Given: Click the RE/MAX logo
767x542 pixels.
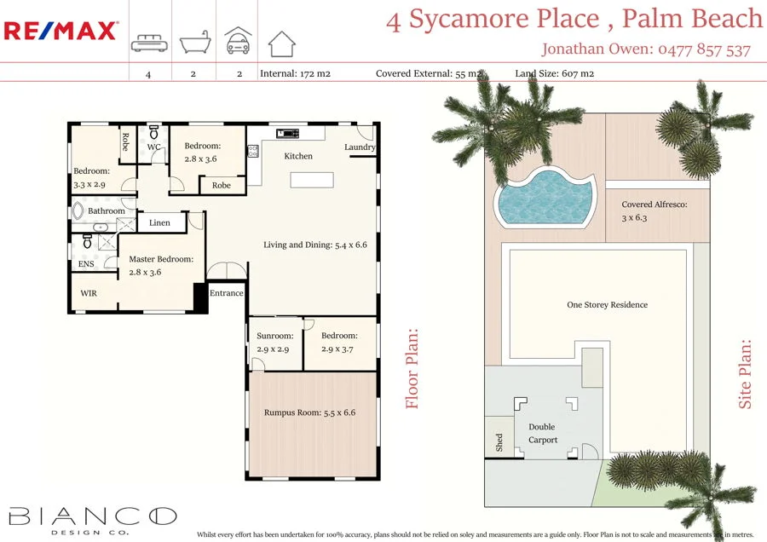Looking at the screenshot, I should (61, 32).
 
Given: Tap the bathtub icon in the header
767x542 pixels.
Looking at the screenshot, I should (193, 43).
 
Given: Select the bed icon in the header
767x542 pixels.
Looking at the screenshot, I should (148, 43).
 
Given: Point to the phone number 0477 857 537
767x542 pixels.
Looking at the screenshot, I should (704, 49).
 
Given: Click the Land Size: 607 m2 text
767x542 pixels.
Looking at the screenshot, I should (555, 73).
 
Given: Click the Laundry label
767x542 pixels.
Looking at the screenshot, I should (360, 147).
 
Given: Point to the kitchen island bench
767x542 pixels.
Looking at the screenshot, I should (311, 181).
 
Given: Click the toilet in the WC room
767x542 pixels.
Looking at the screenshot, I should (154, 133).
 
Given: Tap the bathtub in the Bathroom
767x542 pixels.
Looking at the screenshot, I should (77, 210).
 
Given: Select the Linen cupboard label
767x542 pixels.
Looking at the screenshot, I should (159, 223).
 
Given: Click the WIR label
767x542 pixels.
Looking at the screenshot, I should (89, 293).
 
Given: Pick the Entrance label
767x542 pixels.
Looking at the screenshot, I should (227, 293).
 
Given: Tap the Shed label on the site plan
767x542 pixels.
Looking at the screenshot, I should (499, 441).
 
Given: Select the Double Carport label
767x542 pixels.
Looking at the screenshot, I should (542, 433).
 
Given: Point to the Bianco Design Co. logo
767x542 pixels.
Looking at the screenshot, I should (92, 518).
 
